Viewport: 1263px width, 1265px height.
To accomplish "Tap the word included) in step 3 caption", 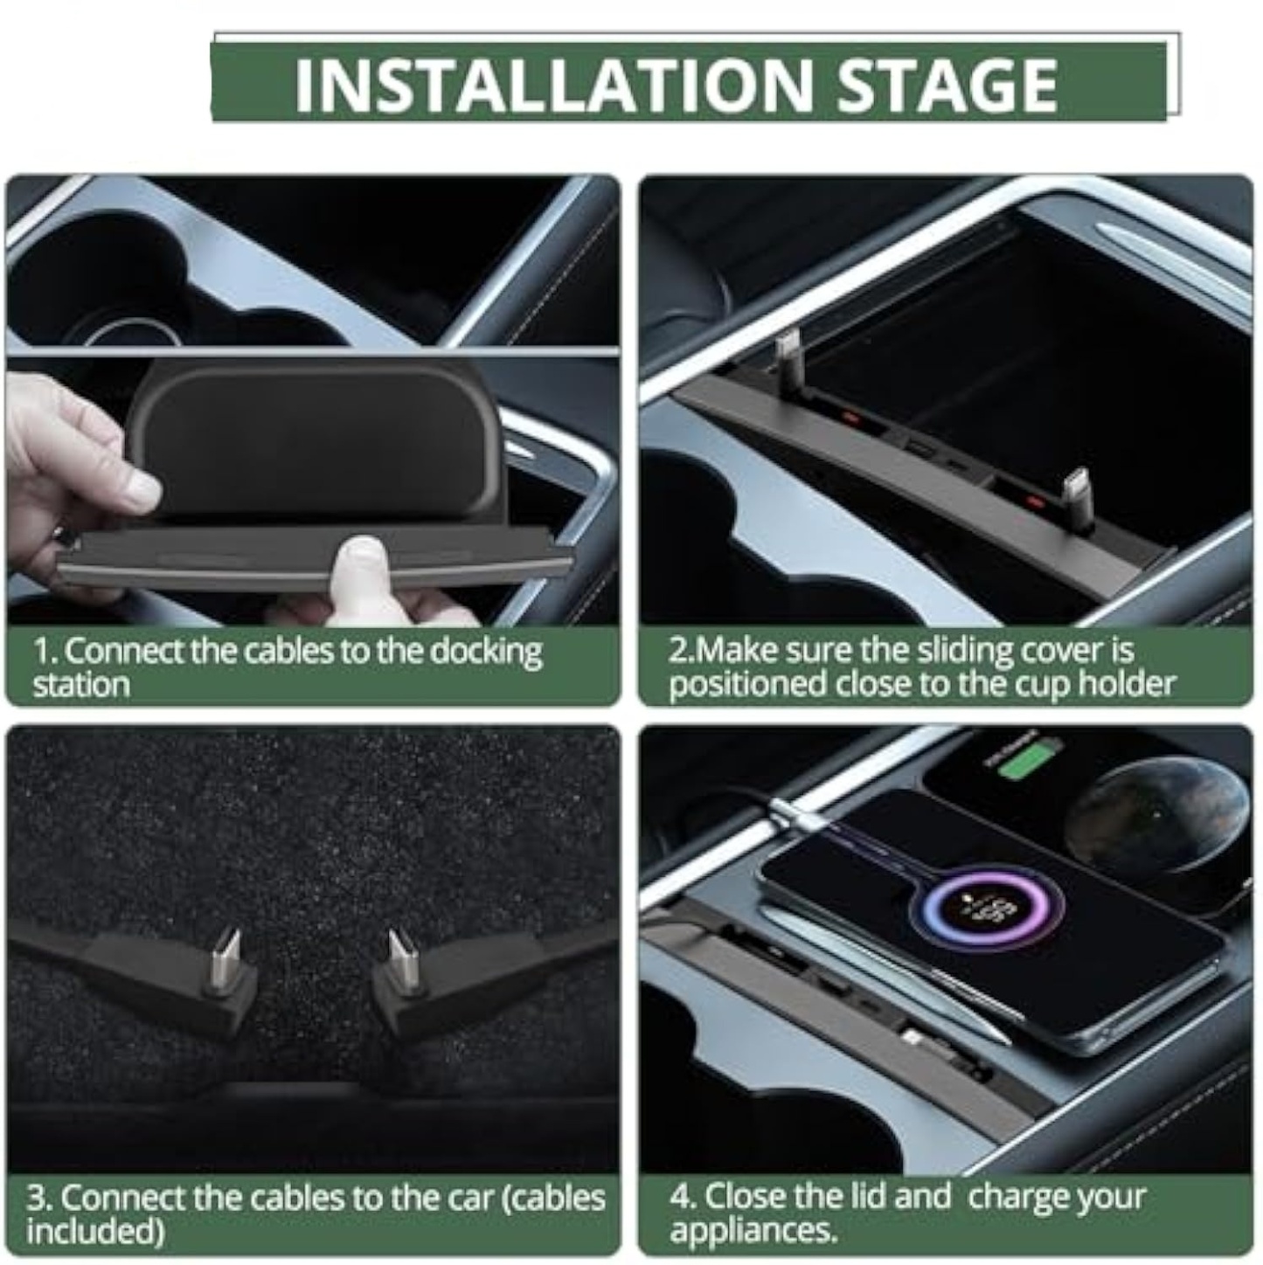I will point(95,1231).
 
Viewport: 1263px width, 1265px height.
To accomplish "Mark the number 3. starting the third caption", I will point(40,1198).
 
